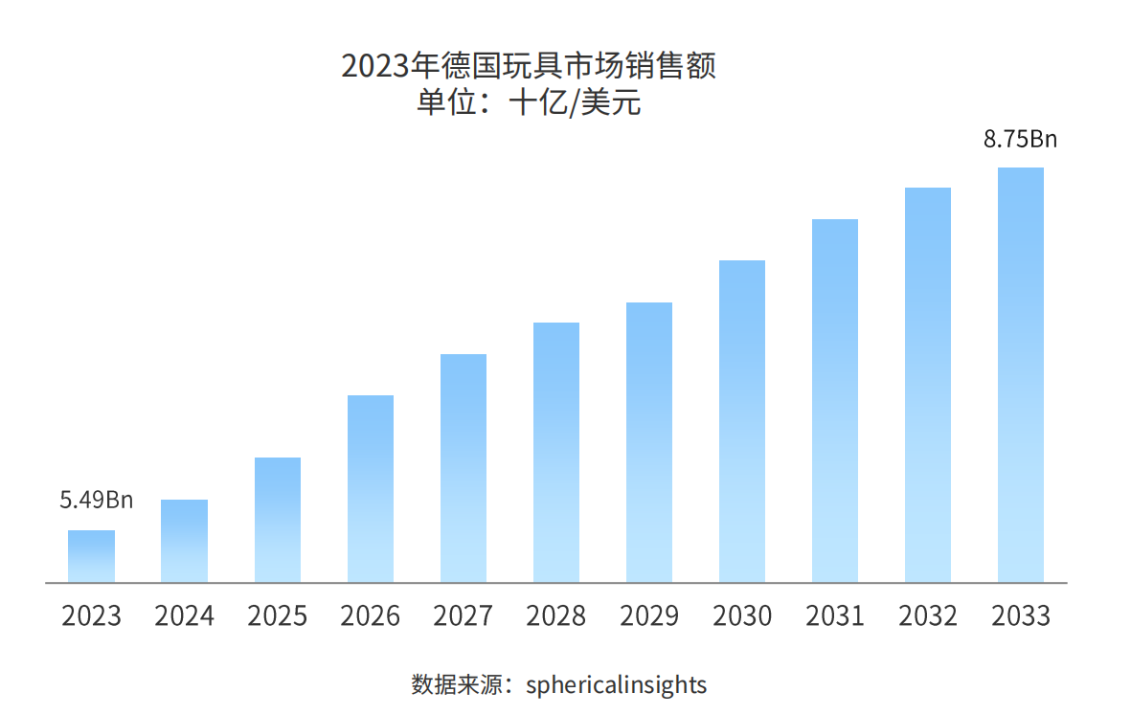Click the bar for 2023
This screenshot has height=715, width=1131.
(x=91, y=556)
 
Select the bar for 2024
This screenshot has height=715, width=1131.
(x=184, y=541)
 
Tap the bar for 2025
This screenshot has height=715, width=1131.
(x=278, y=520)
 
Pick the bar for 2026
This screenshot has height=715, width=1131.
(x=371, y=488)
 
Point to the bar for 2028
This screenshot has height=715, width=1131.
(x=556, y=452)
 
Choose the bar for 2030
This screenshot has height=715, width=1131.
(x=742, y=421)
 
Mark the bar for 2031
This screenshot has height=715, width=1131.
(x=835, y=400)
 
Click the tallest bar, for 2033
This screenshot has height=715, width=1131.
(x=1021, y=374)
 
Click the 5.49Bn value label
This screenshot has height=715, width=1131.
(x=97, y=500)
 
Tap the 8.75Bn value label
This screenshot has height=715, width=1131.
(x=1021, y=140)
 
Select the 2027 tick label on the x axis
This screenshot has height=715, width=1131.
(x=464, y=615)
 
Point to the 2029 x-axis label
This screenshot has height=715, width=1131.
(x=649, y=615)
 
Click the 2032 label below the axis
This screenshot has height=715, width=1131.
(x=928, y=615)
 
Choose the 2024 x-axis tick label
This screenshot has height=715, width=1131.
(x=184, y=615)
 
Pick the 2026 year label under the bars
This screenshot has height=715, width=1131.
(x=371, y=615)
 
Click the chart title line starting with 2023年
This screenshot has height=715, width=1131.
(x=529, y=67)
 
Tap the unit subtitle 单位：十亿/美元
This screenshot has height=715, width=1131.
(x=529, y=102)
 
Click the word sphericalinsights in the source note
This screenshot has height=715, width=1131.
(x=617, y=685)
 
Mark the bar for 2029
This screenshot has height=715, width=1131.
(x=649, y=442)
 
